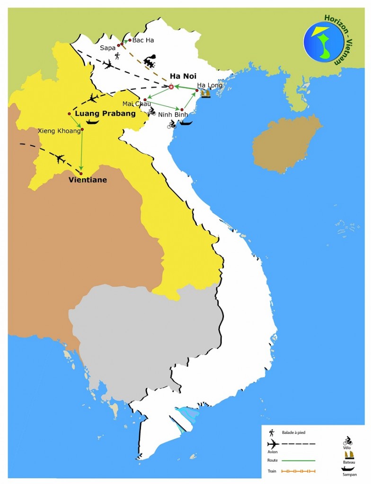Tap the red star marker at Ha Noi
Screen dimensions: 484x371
pyautogui.click(x=171, y=86)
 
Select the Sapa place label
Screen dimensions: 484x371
pyautogui.click(x=108, y=48)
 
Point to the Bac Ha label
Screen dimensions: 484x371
pyautogui.click(x=143, y=40)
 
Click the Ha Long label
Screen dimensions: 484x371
pyautogui.click(x=209, y=85)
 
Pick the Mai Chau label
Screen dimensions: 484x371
pyautogui.click(x=136, y=104)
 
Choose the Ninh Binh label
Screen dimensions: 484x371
pyautogui.click(x=173, y=114)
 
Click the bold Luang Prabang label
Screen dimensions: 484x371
pyautogui.click(x=106, y=113)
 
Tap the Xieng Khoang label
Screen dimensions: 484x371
pyautogui.click(x=59, y=130)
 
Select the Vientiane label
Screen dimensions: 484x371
pyautogui.click(x=88, y=180)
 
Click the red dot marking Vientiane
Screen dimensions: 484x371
pyautogui.click(x=81, y=173)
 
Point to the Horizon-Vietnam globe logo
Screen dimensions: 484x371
pyautogui.click(x=324, y=42)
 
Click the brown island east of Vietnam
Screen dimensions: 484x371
pyautogui.click(x=286, y=144)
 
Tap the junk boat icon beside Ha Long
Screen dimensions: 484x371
pyautogui.click(x=205, y=94)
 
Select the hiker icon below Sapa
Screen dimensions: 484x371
pyautogui.click(x=117, y=56)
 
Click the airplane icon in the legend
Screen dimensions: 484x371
pyautogui.click(x=273, y=444)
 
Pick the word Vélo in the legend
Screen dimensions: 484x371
pyautogui.click(x=347, y=448)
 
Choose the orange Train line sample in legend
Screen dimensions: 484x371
pyautogui.click(x=298, y=471)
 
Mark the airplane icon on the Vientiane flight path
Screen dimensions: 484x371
pyautogui.click(x=60, y=158)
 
